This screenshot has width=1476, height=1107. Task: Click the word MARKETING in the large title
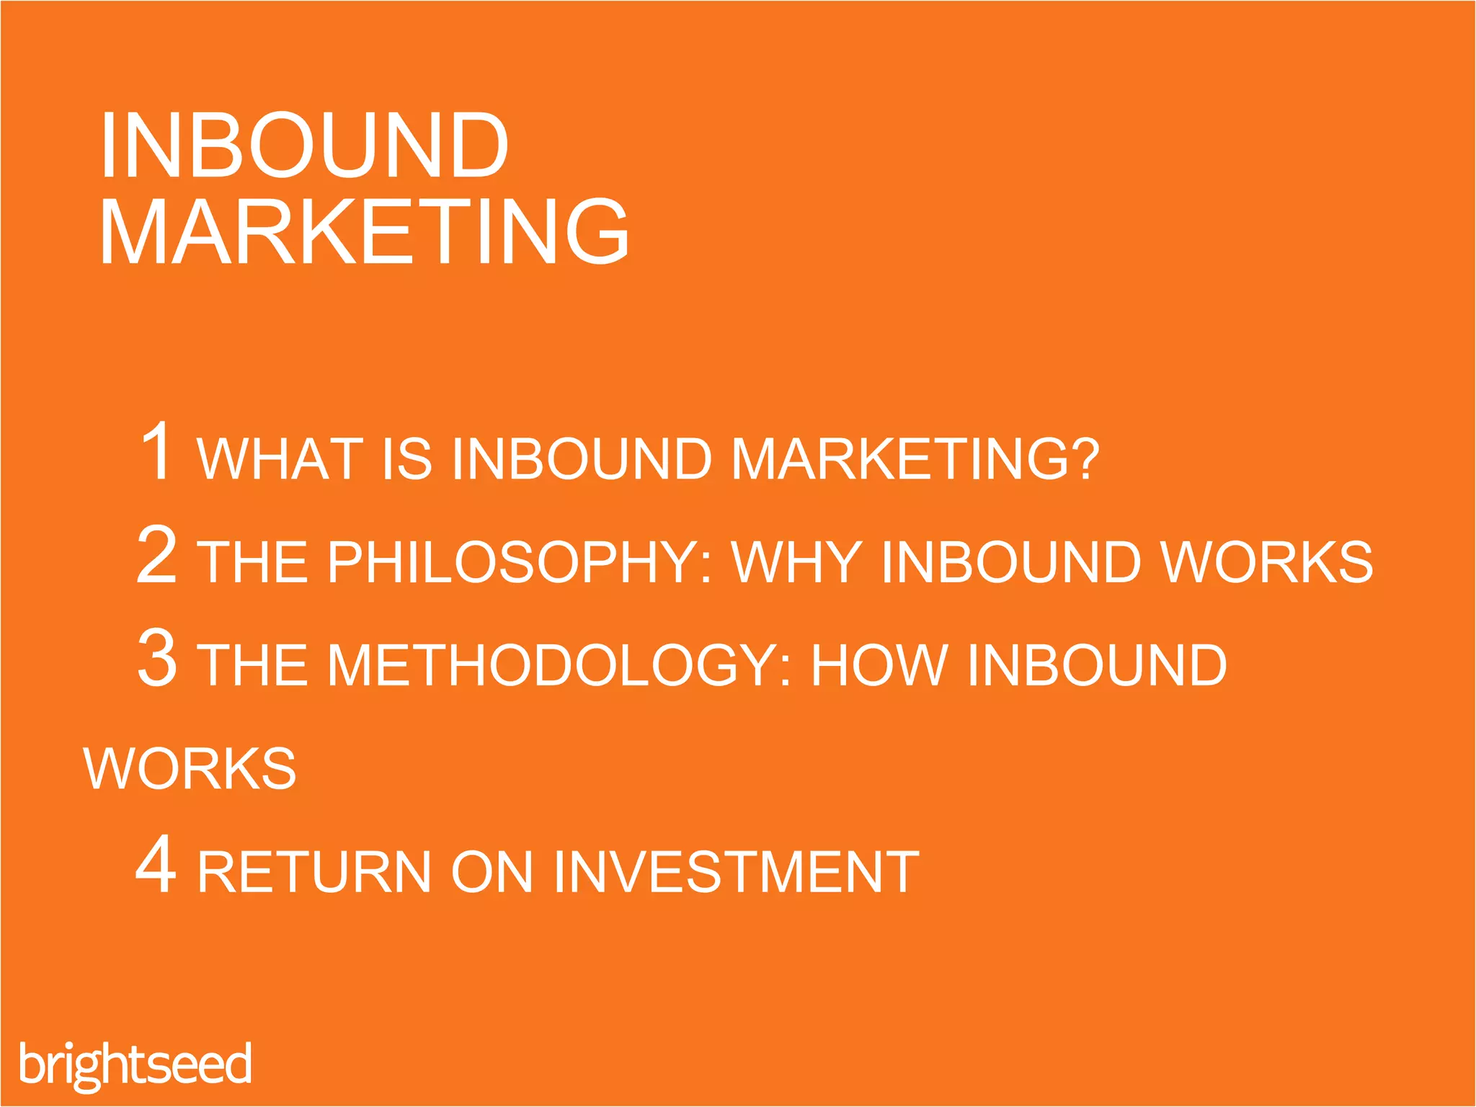click(364, 232)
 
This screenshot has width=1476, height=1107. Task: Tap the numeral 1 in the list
click(157, 451)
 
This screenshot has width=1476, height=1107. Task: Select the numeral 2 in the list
click(156, 554)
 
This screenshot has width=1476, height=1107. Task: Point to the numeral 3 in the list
click(156, 657)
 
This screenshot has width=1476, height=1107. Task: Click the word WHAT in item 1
click(280, 458)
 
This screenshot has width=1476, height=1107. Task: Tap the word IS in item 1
click(406, 458)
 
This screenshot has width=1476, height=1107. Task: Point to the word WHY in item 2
click(796, 561)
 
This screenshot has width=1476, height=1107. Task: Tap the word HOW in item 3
click(879, 664)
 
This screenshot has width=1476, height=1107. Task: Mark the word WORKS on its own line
click(190, 768)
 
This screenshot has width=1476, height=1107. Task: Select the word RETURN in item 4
click(314, 872)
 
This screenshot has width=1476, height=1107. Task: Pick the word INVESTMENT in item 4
click(736, 872)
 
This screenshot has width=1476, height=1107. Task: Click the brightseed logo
click(135, 1064)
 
